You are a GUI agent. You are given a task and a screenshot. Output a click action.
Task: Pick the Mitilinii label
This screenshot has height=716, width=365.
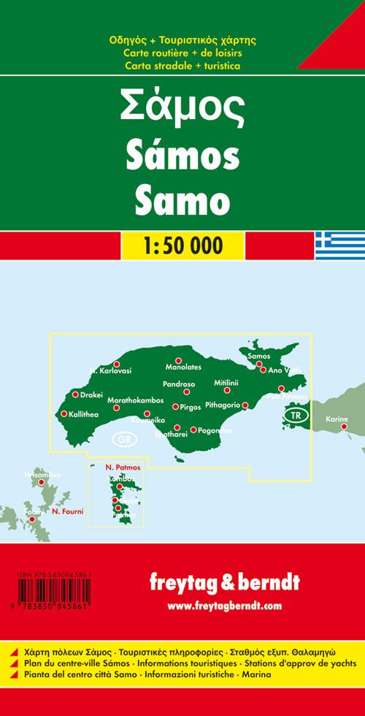pos(226,383)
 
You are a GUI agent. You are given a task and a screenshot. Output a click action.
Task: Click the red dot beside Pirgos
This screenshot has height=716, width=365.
pos(175,407)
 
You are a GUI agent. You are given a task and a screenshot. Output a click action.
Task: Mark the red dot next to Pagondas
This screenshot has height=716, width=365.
pos(193,430)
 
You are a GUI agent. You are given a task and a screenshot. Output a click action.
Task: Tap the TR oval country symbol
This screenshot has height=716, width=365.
pos(295,416)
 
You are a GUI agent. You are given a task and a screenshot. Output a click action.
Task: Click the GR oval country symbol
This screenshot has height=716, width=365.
pos(124,440)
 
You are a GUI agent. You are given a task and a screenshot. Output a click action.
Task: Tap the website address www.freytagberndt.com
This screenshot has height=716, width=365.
pos(223,606)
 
